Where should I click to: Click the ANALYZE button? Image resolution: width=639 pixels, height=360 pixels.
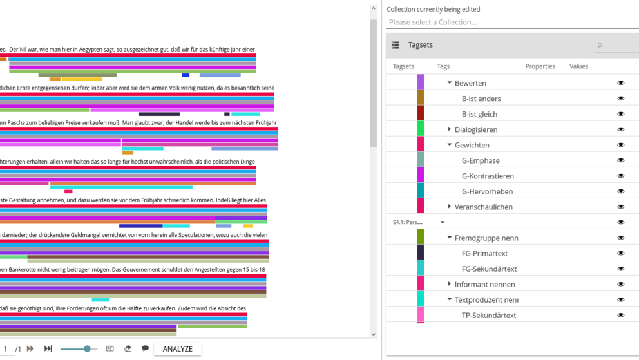click(177, 349)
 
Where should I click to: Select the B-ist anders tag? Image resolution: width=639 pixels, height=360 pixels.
click(481, 99)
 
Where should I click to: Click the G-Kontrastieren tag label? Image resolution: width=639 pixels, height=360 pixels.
click(488, 176)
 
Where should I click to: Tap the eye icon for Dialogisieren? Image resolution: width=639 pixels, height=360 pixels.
click(621, 129)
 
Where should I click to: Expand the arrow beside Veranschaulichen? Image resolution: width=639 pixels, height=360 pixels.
click(449, 207)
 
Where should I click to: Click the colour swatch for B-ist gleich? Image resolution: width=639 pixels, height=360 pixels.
click(421, 114)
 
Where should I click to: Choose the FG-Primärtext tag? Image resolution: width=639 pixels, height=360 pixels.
click(484, 253)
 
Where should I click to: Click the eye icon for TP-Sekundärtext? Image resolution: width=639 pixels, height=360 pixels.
click(621, 315)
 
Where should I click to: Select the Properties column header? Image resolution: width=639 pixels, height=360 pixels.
click(540, 66)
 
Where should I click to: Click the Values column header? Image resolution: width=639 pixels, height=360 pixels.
click(578, 66)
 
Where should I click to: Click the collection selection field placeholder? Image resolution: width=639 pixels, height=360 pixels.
click(433, 23)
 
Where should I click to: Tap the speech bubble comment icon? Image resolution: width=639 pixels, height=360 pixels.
click(145, 348)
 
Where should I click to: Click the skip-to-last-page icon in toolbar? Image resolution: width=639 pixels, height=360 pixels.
click(48, 348)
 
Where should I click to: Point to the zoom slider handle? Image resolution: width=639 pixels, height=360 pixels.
click(87, 348)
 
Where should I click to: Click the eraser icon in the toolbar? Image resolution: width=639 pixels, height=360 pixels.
click(128, 348)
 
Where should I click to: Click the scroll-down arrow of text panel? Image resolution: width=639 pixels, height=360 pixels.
click(374, 334)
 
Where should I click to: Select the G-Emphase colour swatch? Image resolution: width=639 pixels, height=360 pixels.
click(421, 160)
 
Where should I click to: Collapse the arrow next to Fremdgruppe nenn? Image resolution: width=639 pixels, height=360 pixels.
click(450, 238)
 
